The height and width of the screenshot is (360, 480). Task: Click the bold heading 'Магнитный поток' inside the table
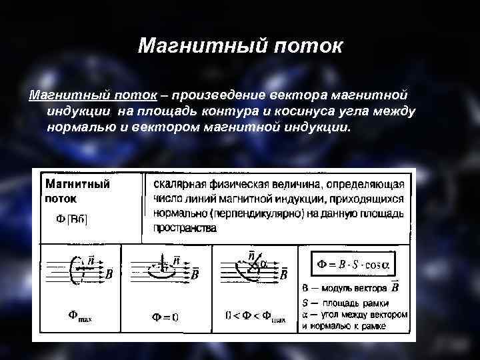pos(77,190)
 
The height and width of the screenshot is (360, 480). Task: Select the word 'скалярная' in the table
pos(179,183)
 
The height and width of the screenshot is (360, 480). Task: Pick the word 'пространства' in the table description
pos(185,228)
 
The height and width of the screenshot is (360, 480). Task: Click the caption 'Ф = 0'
pos(165,317)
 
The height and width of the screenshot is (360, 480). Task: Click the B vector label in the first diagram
pos(109,273)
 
